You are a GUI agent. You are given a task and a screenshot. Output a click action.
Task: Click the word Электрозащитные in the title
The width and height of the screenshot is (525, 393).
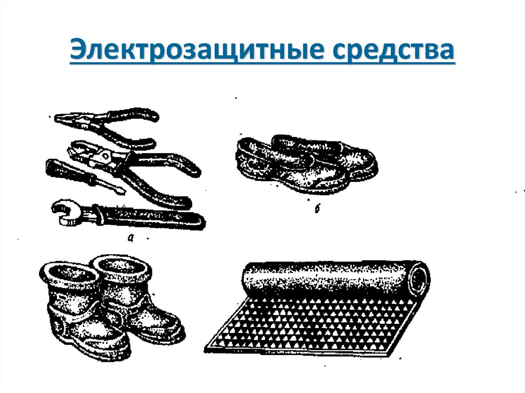pyautogui.click(x=197, y=51)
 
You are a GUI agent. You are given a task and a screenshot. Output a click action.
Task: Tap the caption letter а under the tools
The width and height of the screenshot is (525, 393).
pyautogui.click(x=131, y=238)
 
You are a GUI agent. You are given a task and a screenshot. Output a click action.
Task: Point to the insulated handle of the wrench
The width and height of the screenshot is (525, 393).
pyautogui.click(x=151, y=217)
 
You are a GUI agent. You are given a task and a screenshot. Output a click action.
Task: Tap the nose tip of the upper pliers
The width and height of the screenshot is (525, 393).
pyautogui.click(x=56, y=118)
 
